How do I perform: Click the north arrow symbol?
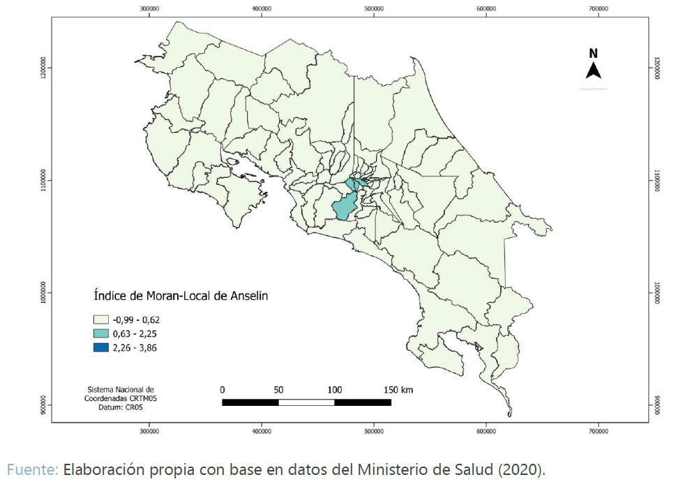click(x=594, y=70)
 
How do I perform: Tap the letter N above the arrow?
click(x=593, y=53)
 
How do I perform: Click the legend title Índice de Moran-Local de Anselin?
click(x=181, y=296)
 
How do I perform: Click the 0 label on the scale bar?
click(x=222, y=389)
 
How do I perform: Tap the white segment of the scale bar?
click(x=306, y=402)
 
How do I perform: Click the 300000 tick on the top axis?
click(x=149, y=9)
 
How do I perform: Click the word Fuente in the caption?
click(x=32, y=469)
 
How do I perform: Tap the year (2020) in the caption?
click(x=519, y=469)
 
